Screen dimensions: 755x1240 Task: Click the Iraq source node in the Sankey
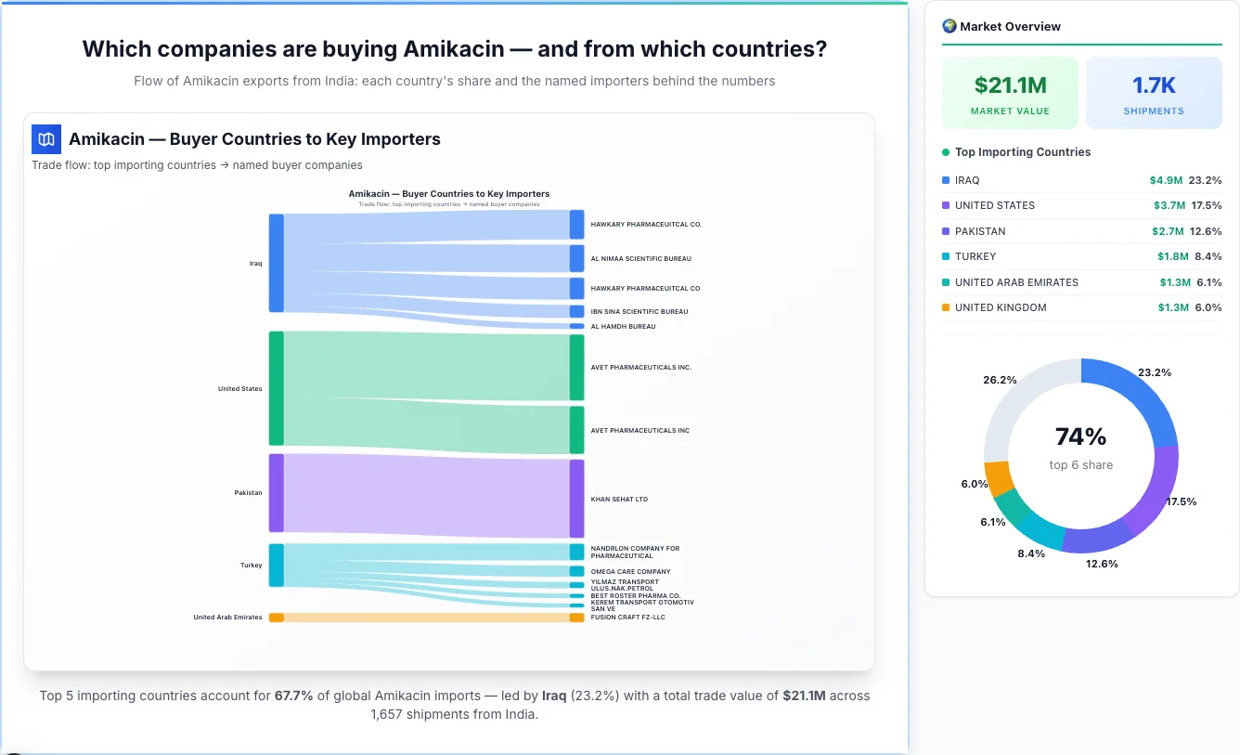(276, 263)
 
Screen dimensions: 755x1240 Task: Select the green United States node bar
(276, 388)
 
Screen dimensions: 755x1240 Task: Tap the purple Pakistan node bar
(276, 493)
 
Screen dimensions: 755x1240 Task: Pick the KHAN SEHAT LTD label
(619, 500)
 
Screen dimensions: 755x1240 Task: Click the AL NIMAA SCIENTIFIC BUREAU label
(640, 258)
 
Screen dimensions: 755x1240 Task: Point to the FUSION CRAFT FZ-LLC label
(627, 618)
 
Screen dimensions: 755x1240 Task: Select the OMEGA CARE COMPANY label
(630, 572)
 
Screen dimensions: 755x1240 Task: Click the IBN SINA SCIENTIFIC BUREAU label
(639, 312)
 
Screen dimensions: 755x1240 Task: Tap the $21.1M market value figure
(1010, 85)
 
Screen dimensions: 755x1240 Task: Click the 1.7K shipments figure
(1154, 85)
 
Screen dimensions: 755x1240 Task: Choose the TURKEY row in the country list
(975, 256)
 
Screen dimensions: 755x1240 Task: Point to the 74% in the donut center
(1080, 436)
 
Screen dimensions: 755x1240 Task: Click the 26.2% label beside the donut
(1000, 380)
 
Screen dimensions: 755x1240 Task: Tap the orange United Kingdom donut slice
(999, 477)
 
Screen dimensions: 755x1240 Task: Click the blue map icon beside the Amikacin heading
(46, 139)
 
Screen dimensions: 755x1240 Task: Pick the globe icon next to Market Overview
(949, 26)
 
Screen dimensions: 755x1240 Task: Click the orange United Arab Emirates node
(276, 618)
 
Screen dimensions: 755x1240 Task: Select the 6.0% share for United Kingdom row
(1208, 307)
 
